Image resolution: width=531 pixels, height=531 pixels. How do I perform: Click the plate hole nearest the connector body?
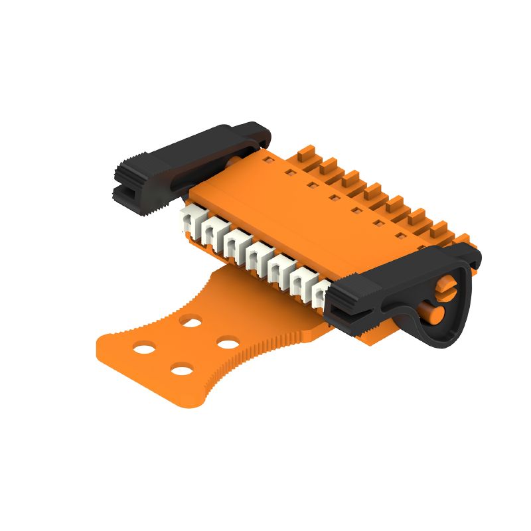192,321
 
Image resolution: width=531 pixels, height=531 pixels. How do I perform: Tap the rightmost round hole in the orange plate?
228,343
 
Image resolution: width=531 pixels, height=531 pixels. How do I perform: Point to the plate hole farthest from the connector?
181,369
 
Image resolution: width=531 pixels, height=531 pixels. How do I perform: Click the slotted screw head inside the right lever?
445,287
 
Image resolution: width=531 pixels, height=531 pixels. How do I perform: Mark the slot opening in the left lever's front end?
126,192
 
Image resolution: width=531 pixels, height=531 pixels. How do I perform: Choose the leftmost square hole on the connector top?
266,160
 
